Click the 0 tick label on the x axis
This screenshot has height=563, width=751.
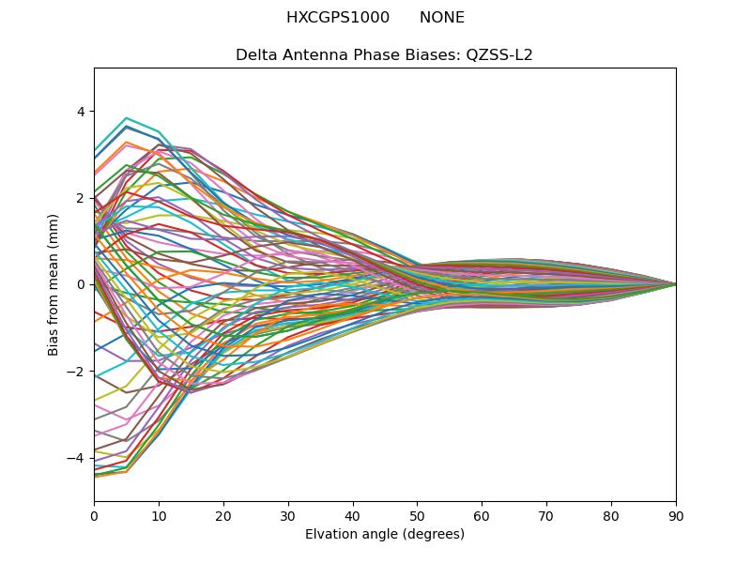[94, 515]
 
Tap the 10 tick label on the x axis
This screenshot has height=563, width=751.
[159, 515]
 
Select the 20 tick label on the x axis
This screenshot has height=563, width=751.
[223, 515]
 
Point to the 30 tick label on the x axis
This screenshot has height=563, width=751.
[288, 515]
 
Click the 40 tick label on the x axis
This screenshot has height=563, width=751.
[353, 515]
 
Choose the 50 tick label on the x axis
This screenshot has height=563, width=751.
[417, 515]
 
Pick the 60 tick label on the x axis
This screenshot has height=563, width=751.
[482, 515]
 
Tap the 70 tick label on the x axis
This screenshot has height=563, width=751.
[546, 515]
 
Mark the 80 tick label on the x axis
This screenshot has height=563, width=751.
[611, 515]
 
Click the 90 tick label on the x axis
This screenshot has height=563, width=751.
[676, 515]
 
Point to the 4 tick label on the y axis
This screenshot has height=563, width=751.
[80, 112]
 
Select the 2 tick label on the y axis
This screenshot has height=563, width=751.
[80, 198]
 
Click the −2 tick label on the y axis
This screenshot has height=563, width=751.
[76, 371]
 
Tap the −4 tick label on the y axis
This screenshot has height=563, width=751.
[76, 458]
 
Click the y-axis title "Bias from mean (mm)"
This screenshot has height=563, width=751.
[54, 284]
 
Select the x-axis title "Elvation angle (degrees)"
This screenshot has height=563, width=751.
[385, 535]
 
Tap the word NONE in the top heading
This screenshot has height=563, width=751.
[442, 18]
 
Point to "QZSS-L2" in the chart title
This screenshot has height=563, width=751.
[499, 54]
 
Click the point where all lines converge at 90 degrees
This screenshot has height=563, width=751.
[676, 284]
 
